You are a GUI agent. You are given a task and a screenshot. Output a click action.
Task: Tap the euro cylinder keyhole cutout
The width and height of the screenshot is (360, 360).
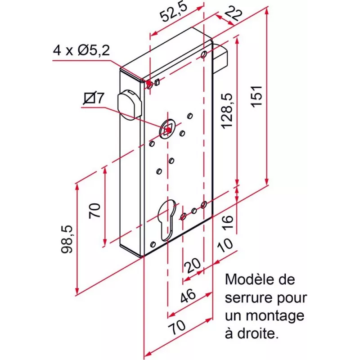click(x=167, y=220)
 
